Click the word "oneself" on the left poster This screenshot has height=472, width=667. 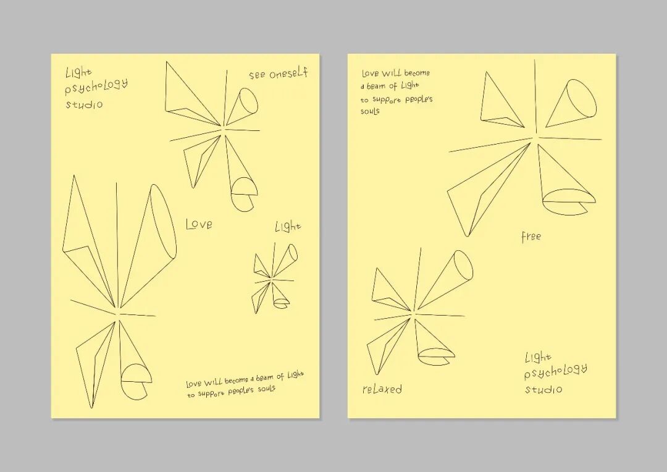(288, 73)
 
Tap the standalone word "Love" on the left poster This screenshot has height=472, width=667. (199, 224)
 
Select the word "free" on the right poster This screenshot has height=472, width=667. (531, 236)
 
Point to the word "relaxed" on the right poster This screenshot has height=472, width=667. (382, 389)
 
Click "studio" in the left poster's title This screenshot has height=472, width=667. (84, 104)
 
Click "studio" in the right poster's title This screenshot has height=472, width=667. (543, 389)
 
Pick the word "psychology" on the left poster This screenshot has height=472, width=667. (96, 86)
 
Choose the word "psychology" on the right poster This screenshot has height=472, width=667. (556, 372)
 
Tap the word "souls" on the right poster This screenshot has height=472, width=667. (370, 111)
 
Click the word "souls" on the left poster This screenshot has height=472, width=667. (266, 389)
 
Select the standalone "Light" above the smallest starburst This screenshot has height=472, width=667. (288, 226)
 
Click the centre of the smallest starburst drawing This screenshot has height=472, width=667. (271, 280)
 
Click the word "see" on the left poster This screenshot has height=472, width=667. (258, 75)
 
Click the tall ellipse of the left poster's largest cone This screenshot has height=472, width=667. (163, 221)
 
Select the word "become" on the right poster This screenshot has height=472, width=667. (417, 73)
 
